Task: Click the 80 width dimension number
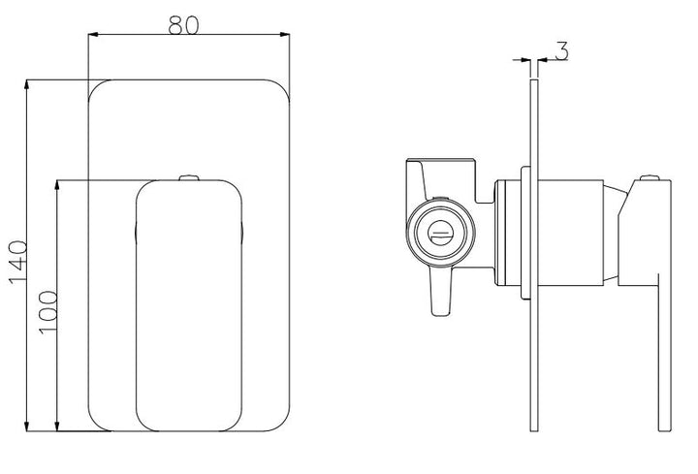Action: (x=183, y=25)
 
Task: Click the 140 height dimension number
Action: (x=17, y=262)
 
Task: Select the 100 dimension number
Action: (x=48, y=312)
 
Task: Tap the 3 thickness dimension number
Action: (x=561, y=50)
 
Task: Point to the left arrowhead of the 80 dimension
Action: (x=93, y=34)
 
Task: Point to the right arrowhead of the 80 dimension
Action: (x=284, y=34)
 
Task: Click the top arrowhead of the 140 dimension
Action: (x=27, y=85)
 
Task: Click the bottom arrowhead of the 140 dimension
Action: (x=27, y=426)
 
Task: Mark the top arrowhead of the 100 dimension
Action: (x=57, y=186)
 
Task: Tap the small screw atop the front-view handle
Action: (x=189, y=177)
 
